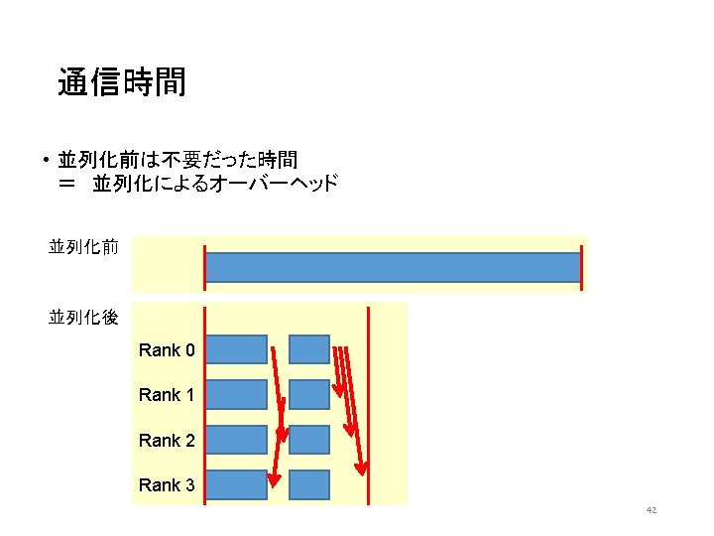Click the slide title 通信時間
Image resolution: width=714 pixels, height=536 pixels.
pyautogui.click(x=122, y=82)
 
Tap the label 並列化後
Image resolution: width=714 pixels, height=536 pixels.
pyautogui.click(x=83, y=318)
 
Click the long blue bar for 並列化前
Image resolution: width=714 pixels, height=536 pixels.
pyautogui.click(x=392, y=268)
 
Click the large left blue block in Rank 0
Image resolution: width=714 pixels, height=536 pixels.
pyautogui.click(x=238, y=349)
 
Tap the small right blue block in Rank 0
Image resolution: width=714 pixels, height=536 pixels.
pyautogui.click(x=309, y=349)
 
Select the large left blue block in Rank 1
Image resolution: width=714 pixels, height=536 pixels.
pyautogui.click(x=238, y=394)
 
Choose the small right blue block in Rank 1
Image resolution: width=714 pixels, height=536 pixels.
pyautogui.click(x=309, y=394)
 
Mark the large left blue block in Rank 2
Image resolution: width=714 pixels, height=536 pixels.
pyautogui.click(x=238, y=440)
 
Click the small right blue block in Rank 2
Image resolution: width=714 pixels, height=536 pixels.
pyautogui.click(x=309, y=440)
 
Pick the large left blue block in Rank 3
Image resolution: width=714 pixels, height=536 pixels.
pyautogui.click(x=238, y=484)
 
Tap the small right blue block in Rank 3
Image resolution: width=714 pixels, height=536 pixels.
pyautogui.click(x=309, y=484)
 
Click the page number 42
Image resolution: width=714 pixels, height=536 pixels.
pyautogui.click(x=652, y=510)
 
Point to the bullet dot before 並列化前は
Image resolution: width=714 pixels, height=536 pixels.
pyautogui.click(x=46, y=160)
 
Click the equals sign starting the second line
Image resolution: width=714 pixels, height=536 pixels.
pyautogui.click(x=67, y=184)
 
